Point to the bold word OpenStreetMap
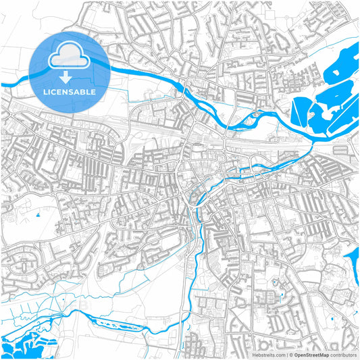[310, 354]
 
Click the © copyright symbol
[290, 354]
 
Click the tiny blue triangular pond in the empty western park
[38, 215]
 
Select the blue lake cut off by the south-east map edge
[353, 260]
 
